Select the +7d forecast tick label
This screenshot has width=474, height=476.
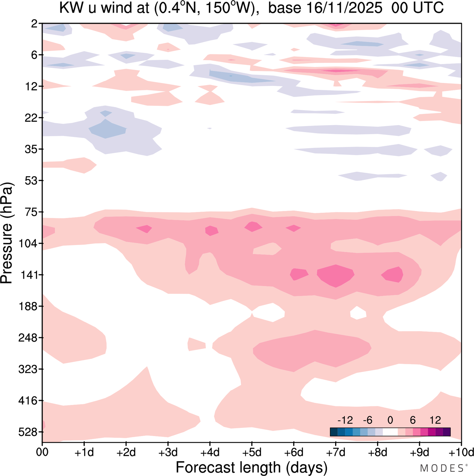336,452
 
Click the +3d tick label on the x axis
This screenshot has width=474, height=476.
168,452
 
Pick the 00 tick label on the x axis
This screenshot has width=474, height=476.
42,452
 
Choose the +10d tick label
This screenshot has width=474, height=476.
461,452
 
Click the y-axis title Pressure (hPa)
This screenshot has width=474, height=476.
7,233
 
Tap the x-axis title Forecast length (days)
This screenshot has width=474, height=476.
251,467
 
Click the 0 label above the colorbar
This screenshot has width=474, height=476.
390,420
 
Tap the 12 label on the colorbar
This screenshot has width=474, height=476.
435,420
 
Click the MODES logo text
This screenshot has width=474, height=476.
442,468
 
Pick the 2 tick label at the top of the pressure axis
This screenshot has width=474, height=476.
34,24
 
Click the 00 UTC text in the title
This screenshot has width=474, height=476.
417,8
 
